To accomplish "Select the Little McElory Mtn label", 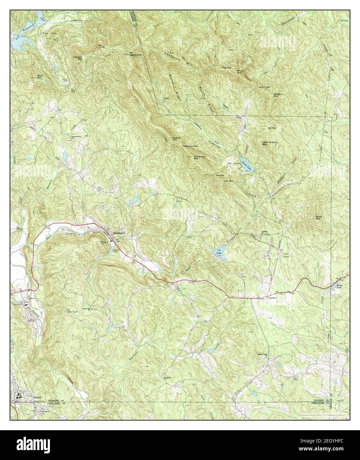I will pyautogui.click(x=270, y=143).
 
